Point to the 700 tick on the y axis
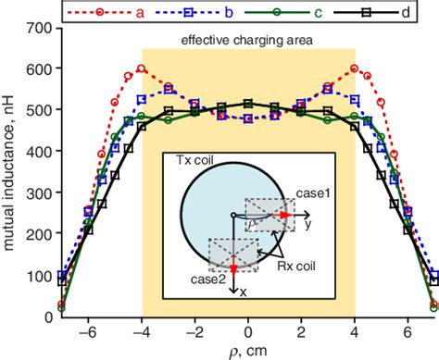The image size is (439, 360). pyautogui.click(x=37, y=29)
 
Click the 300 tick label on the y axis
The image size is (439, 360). pyautogui.click(x=37, y=193)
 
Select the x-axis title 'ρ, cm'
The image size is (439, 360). pyautogui.click(x=247, y=350)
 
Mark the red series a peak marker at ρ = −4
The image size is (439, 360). pyautogui.click(x=142, y=68)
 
